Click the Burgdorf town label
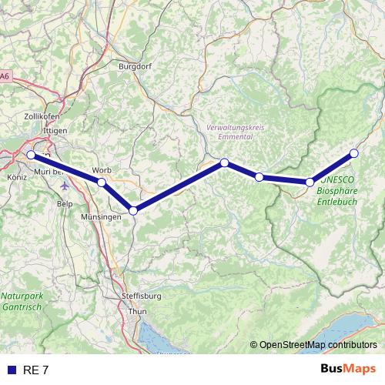(135, 66)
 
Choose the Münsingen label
(101, 218)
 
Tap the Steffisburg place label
(141, 296)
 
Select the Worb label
(102, 170)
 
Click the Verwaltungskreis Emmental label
(230, 132)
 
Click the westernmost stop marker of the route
(31, 155)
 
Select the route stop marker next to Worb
(101, 182)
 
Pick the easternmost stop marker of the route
(354, 153)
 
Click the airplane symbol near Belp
(63, 186)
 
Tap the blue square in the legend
(11, 370)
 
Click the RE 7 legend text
(35, 370)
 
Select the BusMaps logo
(348, 370)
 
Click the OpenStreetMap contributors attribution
(313, 344)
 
